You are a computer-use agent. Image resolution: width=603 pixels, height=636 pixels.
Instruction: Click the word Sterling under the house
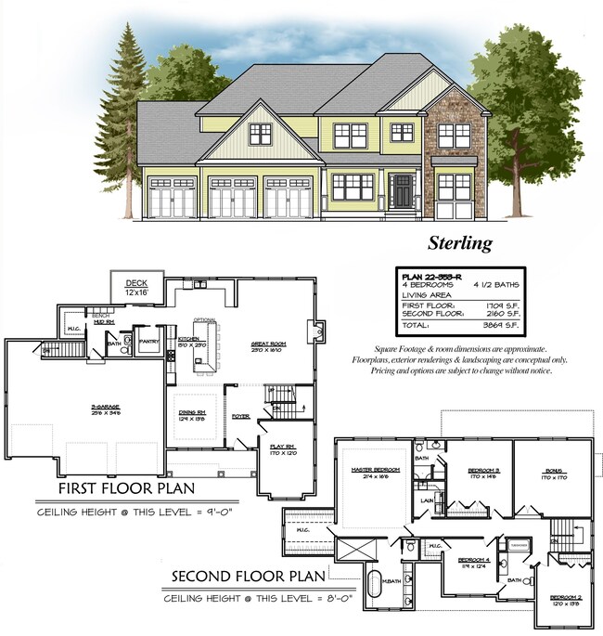pos(459,243)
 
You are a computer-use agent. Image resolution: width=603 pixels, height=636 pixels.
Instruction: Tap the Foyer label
pos(241,416)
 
